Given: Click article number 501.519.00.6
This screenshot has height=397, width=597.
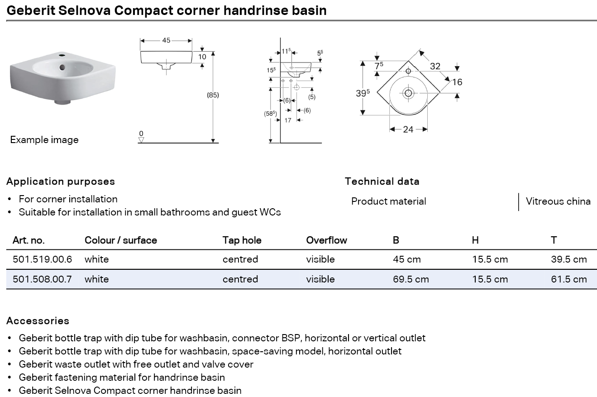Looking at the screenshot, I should pyautogui.click(x=42, y=259).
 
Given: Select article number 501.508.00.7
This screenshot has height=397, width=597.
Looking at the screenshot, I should pyautogui.click(x=42, y=279).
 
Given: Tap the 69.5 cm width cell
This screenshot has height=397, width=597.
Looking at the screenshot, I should pyautogui.click(x=411, y=279).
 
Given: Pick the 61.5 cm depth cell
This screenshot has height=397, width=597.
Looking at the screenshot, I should pyautogui.click(x=568, y=279).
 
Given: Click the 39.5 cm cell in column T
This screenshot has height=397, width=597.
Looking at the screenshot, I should pyautogui.click(x=568, y=259).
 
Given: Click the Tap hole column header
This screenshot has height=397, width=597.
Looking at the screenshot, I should pyautogui.click(x=242, y=240).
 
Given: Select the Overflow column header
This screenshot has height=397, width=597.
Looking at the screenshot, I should pyautogui.click(x=326, y=240).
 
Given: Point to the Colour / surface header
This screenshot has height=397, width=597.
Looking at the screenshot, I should pyautogui.click(x=120, y=240).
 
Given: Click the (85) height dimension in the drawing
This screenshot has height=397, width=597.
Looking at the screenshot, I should pyautogui.click(x=213, y=95).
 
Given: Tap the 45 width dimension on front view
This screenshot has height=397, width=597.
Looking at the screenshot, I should pyautogui.click(x=166, y=40).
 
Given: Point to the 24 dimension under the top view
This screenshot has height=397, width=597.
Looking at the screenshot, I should pyautogui.click(x=408, y=129).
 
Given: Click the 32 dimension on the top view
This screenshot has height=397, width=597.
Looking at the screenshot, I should pyautogui.click(x=435, y=66).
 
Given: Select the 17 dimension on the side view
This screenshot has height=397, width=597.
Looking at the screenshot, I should pyautogui.click(x=288, y=120).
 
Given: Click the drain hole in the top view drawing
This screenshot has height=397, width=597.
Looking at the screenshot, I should pyautogui.click(x=408, y=93).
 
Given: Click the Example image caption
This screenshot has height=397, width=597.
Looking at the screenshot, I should pyautogui.click(x=44, y=140).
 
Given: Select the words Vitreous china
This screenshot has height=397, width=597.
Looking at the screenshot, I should pyautogui.click(x=558, y=201).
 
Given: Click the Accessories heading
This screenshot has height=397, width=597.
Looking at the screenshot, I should pyautogui.click(x=38, y=321).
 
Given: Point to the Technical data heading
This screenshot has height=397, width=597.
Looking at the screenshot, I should pyautogui.click(x=382, y=182).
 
